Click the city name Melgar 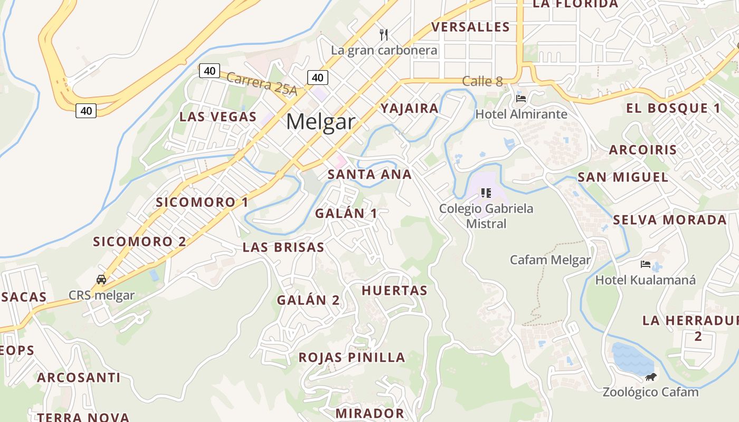320,122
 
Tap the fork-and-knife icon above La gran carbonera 384,35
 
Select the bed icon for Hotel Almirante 521,98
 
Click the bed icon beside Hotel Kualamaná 645,264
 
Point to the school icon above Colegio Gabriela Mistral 486,193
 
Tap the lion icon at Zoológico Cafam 651,377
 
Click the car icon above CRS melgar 101,279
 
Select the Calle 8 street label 482,81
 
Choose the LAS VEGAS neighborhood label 218,117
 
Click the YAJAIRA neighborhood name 410,109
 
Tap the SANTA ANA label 369,175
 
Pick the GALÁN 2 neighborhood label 309,300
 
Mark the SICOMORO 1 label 202,202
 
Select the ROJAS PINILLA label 352,357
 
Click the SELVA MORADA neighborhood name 670,220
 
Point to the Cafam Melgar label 550,260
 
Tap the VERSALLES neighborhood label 470,27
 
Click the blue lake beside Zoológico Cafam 632,358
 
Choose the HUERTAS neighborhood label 394,290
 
